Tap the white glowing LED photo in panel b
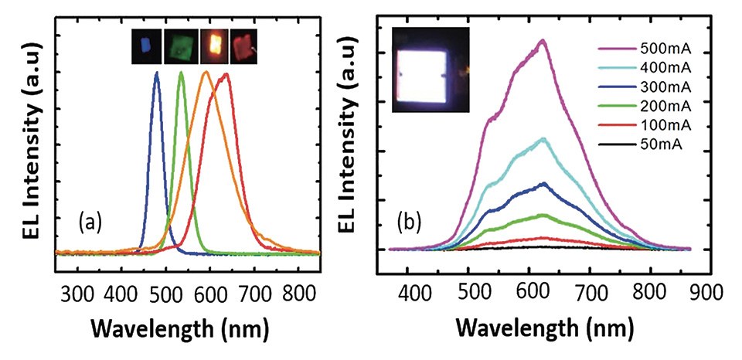coord(429,70)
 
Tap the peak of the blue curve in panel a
coord(157,73)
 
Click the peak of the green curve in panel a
coord(181,73)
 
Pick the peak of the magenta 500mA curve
coord(543,40)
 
